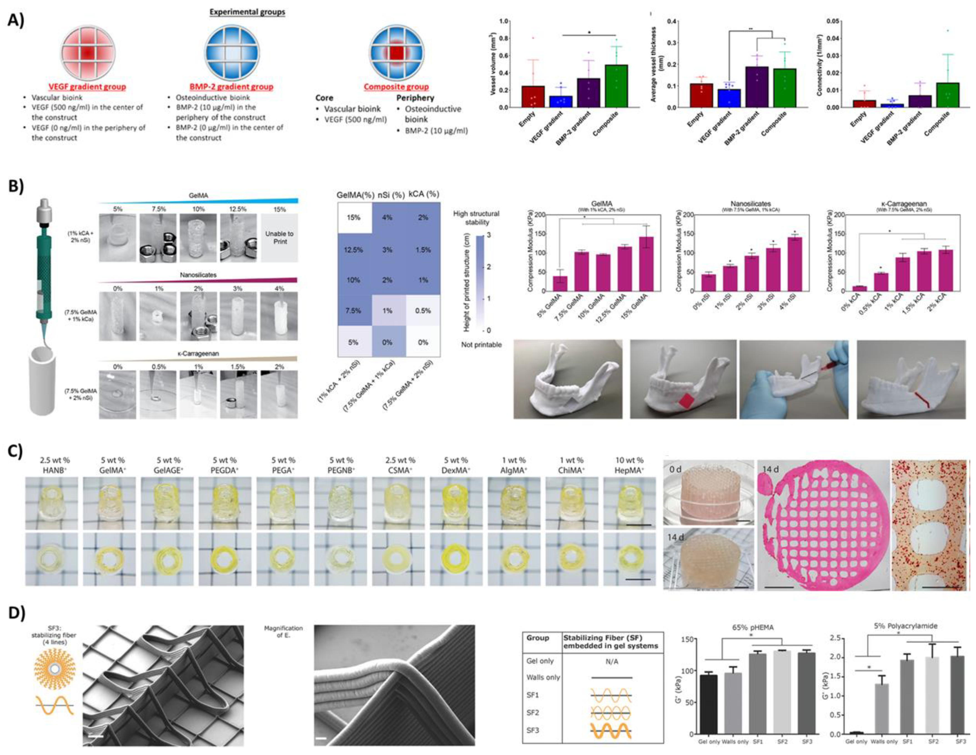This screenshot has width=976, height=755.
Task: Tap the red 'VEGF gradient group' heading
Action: click(x=88, y=87)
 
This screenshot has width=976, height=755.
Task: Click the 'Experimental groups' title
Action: click(x=247, y=12)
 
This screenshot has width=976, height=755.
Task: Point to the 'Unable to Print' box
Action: click(x=280, y=238)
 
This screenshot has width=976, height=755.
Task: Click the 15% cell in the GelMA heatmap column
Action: click(x=353, y=218)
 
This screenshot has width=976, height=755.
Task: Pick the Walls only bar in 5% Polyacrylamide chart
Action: click(x=880, y=712)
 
